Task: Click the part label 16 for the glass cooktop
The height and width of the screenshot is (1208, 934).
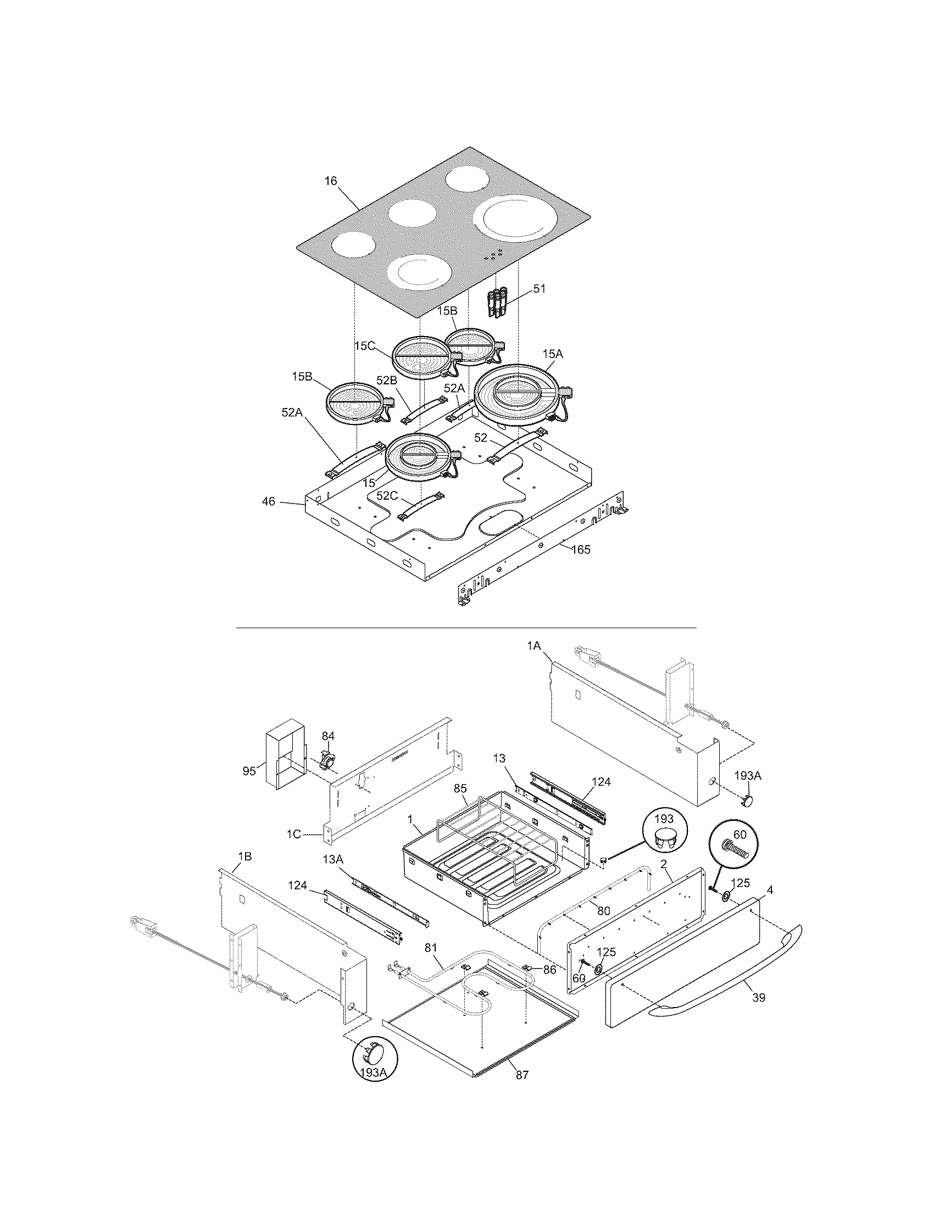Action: [x=330, y=181]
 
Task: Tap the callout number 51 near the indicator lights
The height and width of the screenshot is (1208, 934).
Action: [x=539, y=289]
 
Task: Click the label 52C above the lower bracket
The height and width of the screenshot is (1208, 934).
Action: [x=386, y=496]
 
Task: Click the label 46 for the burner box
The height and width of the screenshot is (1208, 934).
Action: [x=268, y=502]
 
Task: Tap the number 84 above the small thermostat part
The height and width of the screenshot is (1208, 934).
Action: [x=328, y=736]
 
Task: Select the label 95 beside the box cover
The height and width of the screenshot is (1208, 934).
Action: [x=249, y=770]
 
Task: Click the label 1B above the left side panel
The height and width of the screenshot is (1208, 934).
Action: [x=244, y=857]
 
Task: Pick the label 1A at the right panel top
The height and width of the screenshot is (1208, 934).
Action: [x=533, y=645]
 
